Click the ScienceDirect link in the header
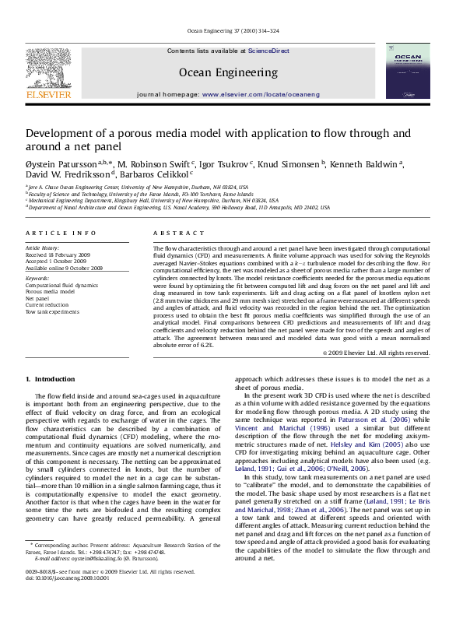tap(268, 51)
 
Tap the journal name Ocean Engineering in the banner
tap(228, 72)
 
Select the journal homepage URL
tap(261, 93)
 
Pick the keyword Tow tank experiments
tap(52, 311)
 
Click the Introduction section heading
tap(51, 379)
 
